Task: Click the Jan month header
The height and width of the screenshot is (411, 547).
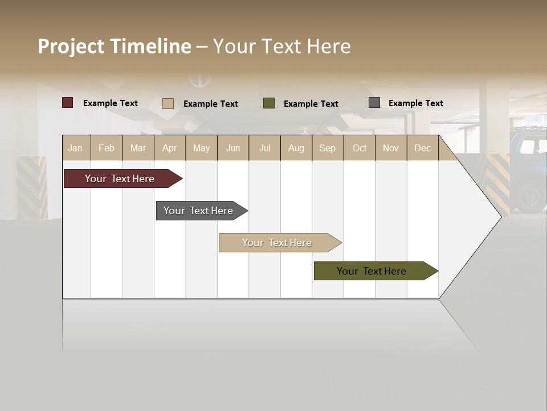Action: pyautogui.click(x=75, y=148)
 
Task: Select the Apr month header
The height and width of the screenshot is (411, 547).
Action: pyautogui.click(x=170, y=148)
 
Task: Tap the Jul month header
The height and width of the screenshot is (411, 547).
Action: pyautogui.click(x=264, y=148)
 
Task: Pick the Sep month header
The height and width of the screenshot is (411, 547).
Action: pyautogui.click(x=327, y=148)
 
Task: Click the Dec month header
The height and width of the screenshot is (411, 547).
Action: pyautogui.click(x=422, y=148)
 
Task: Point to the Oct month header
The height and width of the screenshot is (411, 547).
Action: pyautogui.click(x=359, y=148)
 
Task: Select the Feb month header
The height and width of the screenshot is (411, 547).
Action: pyautogui.click(x=107, y=148)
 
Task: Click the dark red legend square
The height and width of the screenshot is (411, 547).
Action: pyautogui.click(x=67, y=103)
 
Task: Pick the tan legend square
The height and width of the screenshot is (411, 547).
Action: pyautogui.click(x=168, y=103)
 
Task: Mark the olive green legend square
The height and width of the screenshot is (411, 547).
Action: pyautogui.click(x=269, y=103)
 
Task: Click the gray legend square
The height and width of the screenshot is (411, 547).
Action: pyautogui.click(x=374, y=103)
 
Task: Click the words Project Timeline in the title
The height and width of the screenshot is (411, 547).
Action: pyautogui.click(x=114, y=46)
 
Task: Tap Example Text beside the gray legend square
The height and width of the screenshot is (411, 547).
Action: pyautogui.click(x=415, y=103)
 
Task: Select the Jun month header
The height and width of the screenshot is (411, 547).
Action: pyautogui.click(x=233, y=148)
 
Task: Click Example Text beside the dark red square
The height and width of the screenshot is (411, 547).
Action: pyautogui.click(x=110, y=103)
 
